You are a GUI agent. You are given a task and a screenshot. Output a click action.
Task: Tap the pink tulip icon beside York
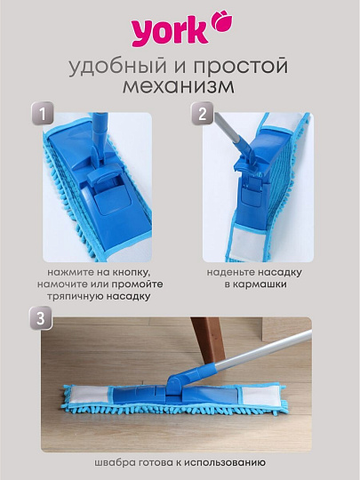click(x=218, y=20)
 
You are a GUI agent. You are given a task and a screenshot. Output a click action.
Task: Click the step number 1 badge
click(x=41, y=115)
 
